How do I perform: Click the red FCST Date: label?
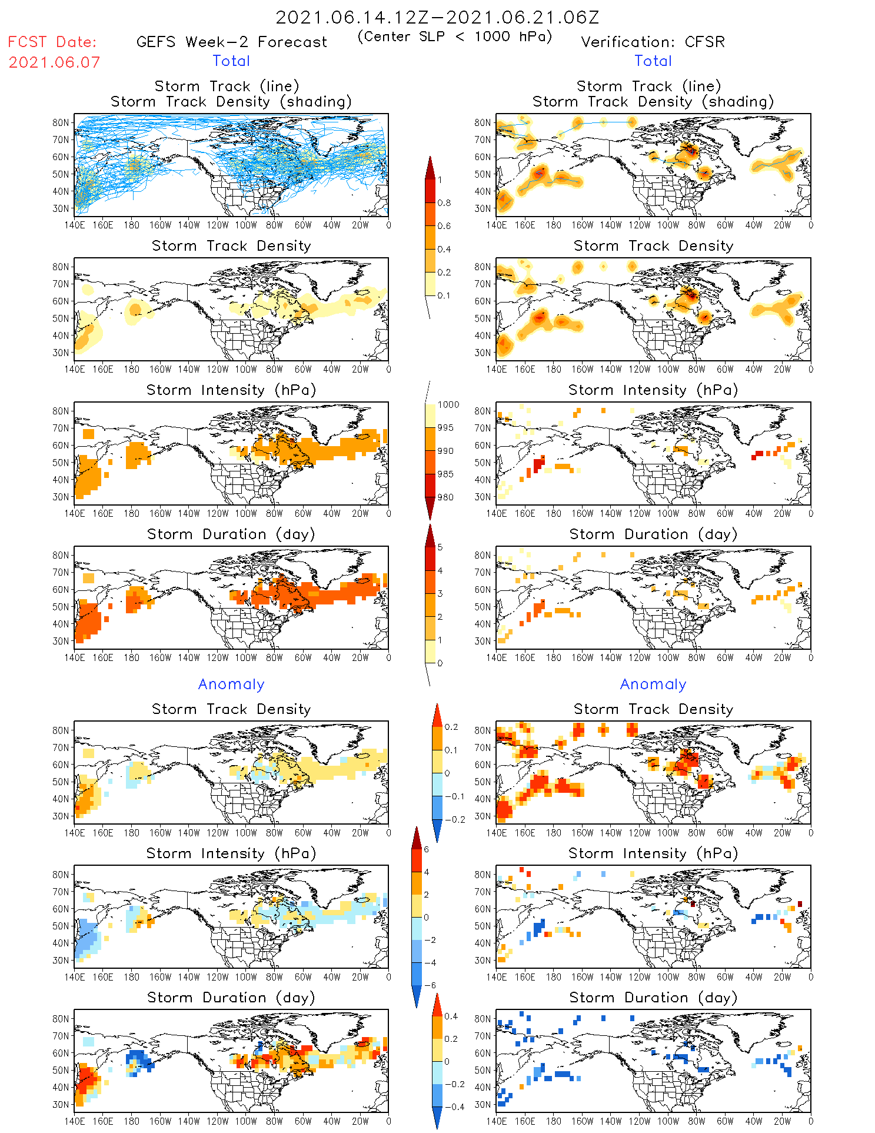[52, 42]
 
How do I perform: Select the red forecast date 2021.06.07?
[54, 62]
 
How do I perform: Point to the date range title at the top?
[437, 18]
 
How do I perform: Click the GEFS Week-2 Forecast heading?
[231, 42]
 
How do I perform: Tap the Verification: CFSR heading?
[653, 42]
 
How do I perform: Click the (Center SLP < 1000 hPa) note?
[455, 36]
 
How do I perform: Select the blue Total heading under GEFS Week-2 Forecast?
[231, 61]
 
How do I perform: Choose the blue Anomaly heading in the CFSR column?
[653, 685]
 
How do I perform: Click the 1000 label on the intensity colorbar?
[448, 405]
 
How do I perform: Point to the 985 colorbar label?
[445, 474]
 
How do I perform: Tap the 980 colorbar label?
[445, 497]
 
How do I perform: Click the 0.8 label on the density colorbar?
[444, 203]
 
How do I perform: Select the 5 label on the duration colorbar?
[440, 547]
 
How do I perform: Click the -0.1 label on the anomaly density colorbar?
[454, 796]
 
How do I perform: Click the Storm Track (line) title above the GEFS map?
[227, 87]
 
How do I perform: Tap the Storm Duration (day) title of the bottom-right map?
[653, 998]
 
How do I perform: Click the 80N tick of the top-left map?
[61, 123]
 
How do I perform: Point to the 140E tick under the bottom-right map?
[497, 1121]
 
